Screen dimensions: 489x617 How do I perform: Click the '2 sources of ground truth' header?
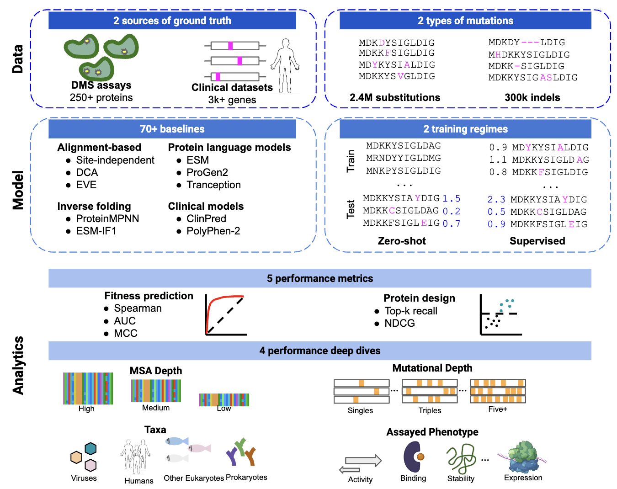(x=172, y=21)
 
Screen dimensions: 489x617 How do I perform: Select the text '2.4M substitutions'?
(x=395, y=97)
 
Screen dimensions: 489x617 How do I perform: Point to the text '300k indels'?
(x=532, y=97)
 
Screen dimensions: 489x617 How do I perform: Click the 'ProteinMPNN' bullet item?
(x=107, y=218)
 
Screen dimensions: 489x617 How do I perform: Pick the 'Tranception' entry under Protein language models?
(x=213, y=185)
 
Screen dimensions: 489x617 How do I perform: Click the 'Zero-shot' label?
(x=402, y=241)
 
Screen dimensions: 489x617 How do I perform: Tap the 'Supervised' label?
(x=537, y=241)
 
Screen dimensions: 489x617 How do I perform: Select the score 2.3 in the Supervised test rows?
(x=496, y=199)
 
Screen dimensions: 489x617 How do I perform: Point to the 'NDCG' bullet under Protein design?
(x=399, y=323)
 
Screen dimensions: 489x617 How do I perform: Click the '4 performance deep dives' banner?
(x=319, y=351)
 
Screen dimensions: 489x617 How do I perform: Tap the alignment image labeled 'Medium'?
(x=156, y=391)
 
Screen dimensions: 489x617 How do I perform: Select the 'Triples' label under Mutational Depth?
(x=430, y=410)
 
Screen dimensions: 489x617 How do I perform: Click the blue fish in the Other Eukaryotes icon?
(x=176, y=441)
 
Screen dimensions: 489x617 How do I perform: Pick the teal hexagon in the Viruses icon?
(x=90, y=448)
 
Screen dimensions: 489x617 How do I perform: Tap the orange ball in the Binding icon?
(x=420, y=456)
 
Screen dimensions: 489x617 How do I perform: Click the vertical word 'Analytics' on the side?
(x=18, y=365)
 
